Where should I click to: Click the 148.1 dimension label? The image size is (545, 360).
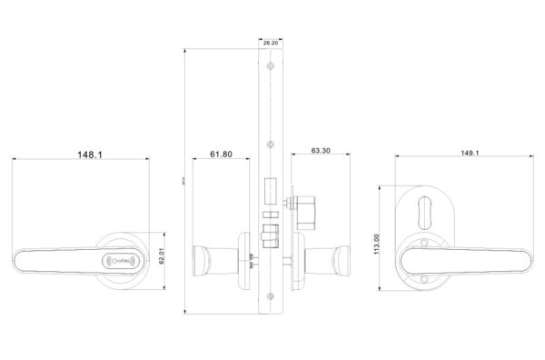click(88, 155)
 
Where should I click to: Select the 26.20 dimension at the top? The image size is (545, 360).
click(270, 42)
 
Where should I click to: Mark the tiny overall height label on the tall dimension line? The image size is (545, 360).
click(184, 179)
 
